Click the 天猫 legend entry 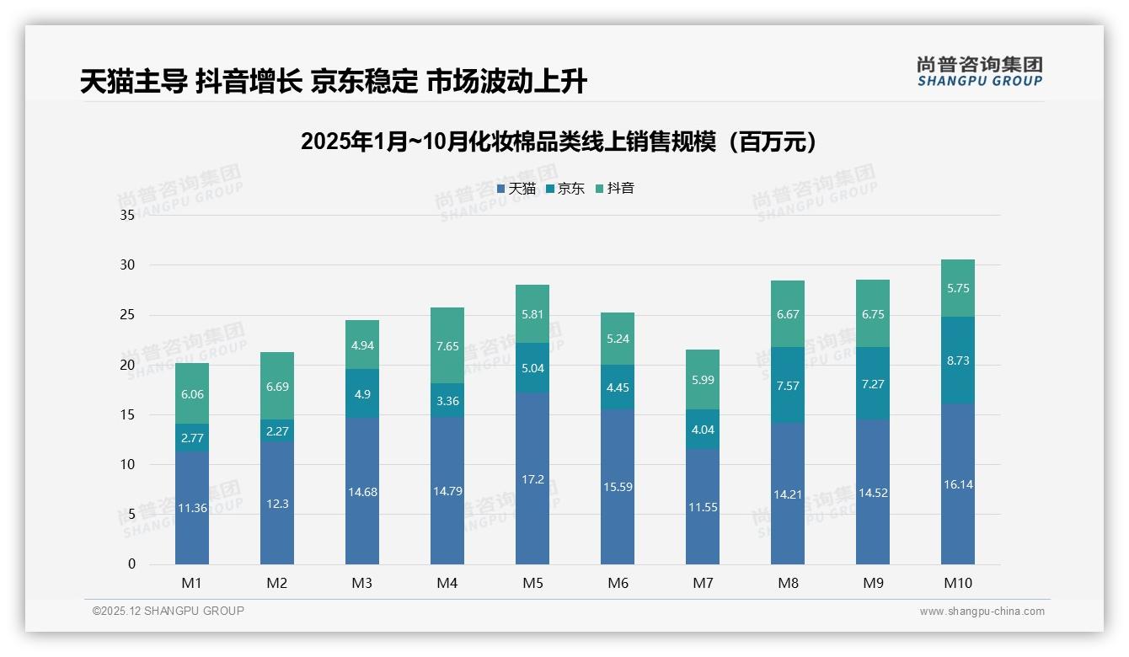tap(516, 189)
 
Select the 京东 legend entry tap(565, 189)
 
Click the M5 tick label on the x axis tap(532, 583)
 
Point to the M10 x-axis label tap(958, 583)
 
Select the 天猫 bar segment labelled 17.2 tap(532, 478)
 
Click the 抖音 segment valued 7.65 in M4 tap(447, 345)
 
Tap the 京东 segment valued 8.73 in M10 tap(958, 360)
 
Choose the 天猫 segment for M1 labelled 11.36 tap(192, 507)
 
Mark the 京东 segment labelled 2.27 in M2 tap(277, 430)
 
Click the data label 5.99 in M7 tap(703, 380)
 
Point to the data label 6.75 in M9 tap(873, 314)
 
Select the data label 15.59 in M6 tap(618, 487)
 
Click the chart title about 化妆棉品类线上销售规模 tap(559, 142)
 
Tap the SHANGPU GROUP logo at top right tap(980, 72)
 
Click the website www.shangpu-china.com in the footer tap(982, 612)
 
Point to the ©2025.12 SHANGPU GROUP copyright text tap(169, 611)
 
